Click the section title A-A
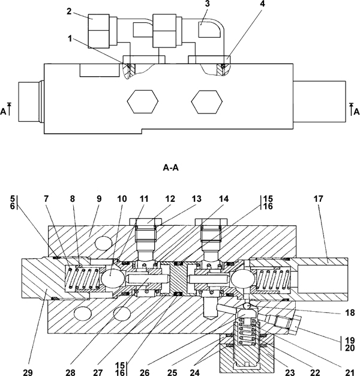tap(171, 168)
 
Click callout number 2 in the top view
tap(69, 11)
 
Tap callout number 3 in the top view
tap(207, 4)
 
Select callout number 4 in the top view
tap(263, 4)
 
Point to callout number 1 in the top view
tap(70, 38)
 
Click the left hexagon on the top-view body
tap(143, 102)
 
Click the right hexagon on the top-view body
tap(207, 102)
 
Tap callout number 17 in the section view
tap(319, 199)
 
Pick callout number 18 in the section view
tap(350, 313)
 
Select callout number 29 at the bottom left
tap(28, 372)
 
